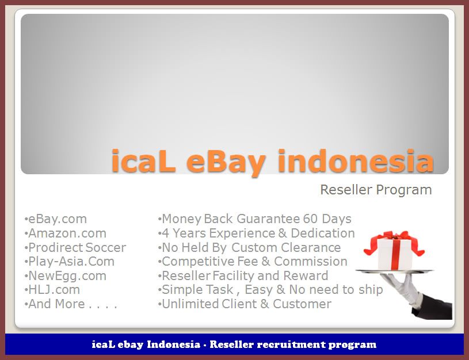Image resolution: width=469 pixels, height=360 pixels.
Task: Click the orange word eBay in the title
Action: [226, 162]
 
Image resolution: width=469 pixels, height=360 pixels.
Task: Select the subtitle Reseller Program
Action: [376, 190]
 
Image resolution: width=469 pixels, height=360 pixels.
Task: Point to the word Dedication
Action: [323, 233]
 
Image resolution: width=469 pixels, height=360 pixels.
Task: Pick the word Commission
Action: [311, 262]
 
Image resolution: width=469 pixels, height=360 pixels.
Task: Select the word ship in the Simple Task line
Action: [371, 290]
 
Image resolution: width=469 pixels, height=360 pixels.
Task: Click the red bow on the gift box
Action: [394, 242]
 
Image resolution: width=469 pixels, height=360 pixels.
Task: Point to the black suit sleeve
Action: [434, 307]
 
